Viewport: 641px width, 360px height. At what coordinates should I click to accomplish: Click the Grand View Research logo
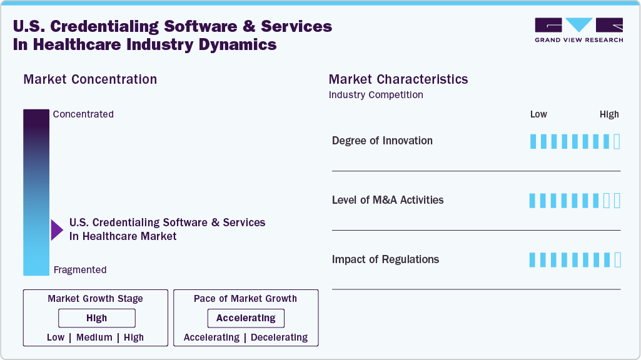click(x=578, y=30)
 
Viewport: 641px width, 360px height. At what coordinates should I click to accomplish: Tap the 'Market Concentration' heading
click(x=90, y=79)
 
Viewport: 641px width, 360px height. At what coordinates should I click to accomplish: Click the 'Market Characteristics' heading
click(x=398, y=79)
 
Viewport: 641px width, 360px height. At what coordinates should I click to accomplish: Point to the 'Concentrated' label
click(x=83, y=114)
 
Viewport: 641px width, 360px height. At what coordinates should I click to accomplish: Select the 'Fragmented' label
click(x=80, y=270)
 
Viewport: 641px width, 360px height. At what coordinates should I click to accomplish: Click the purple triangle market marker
click(x=56, y=230)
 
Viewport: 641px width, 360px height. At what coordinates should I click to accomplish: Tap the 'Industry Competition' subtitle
click(x=376, y=95)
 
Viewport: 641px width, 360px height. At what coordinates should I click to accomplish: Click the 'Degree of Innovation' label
click(x=382, y=141)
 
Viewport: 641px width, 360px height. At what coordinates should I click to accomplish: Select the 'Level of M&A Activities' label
click(x=388, y=200)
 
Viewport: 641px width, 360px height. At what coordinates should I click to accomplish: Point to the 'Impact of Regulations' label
click(x=385, y=259)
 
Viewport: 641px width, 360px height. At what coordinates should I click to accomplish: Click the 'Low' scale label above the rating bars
click(x=538, y=114)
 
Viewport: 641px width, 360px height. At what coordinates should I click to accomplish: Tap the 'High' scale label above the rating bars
click(x=609, y=114)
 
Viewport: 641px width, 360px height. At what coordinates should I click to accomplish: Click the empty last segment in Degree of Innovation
click(x=617, y=141)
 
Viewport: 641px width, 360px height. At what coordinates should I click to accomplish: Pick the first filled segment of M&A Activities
click(x=533, y=201)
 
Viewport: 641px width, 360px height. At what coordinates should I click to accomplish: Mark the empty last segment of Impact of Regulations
click(x=617, y=260)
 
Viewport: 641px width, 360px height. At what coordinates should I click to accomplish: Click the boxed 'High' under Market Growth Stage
click(x=97, y=318)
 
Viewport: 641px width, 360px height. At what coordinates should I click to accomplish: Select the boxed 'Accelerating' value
click(x=246, y=318)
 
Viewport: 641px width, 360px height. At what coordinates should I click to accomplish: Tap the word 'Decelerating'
click(x=279, y=337)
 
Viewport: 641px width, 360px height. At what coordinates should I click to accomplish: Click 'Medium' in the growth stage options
click(x=94, y=337)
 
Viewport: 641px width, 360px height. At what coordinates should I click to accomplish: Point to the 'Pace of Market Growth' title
click(x=245, y=299)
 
